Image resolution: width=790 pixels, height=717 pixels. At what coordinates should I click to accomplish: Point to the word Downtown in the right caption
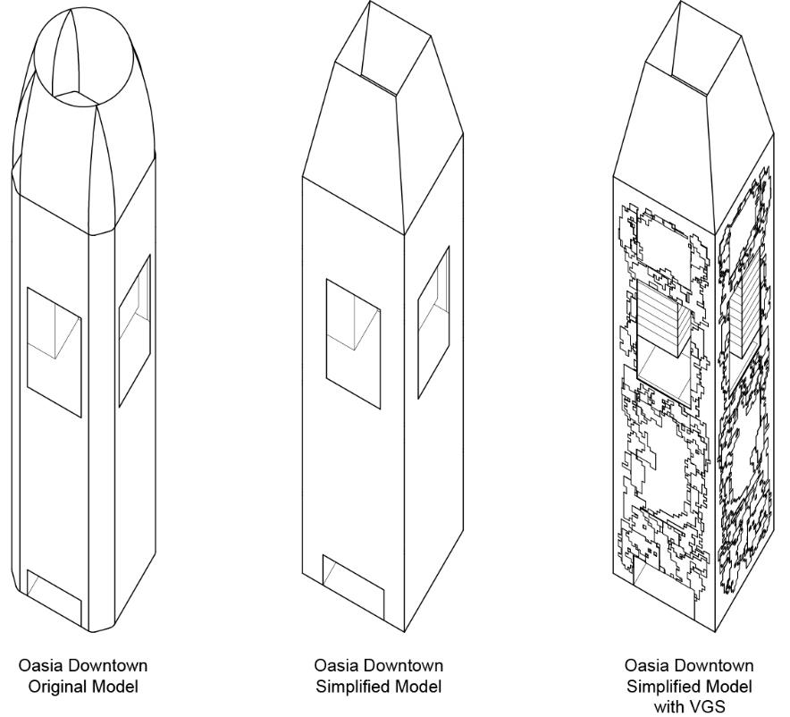[717, 666]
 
